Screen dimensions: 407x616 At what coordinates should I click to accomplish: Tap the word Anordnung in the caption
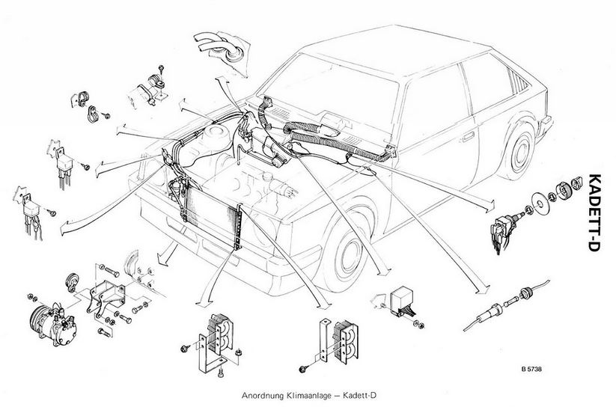[x=261, y=396]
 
